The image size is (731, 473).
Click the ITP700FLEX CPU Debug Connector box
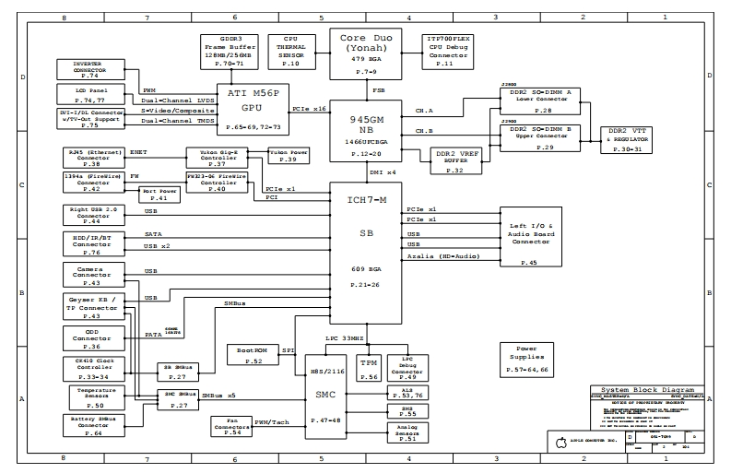click(445, 52)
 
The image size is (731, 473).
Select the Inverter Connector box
click(89, 70)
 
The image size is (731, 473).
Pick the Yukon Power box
click(287, 155)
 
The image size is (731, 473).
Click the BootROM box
click(248, 356)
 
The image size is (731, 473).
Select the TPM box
click(368, 367)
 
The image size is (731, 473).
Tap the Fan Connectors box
click(233, 429)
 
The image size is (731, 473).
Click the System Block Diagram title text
click(646, 391)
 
